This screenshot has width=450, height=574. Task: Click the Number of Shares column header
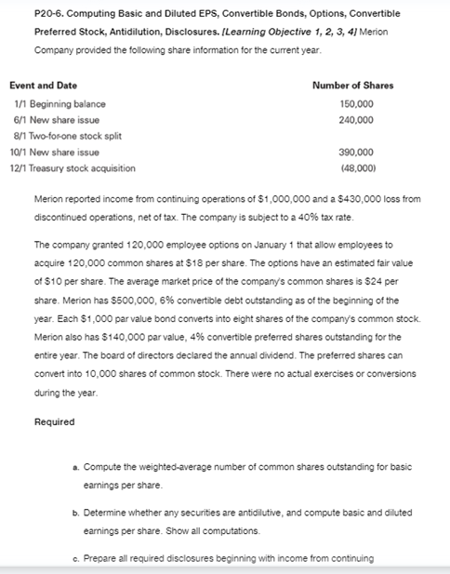[x=352, y=86]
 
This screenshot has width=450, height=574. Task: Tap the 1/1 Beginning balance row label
[x=60, y=104]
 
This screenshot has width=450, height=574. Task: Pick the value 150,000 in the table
[x=357, y=104]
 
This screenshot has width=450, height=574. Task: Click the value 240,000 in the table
[x=357, y=120]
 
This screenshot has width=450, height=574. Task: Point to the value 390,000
[x=357, y=152]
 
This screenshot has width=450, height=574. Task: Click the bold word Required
[x=54, y=421]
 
